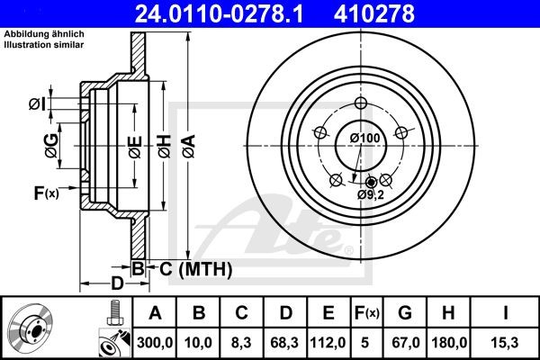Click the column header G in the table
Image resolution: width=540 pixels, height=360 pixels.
405,312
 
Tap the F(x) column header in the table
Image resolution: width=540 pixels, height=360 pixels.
367,312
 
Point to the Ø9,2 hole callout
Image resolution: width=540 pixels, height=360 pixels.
369,194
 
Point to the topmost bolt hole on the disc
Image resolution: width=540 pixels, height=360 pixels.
362,103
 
